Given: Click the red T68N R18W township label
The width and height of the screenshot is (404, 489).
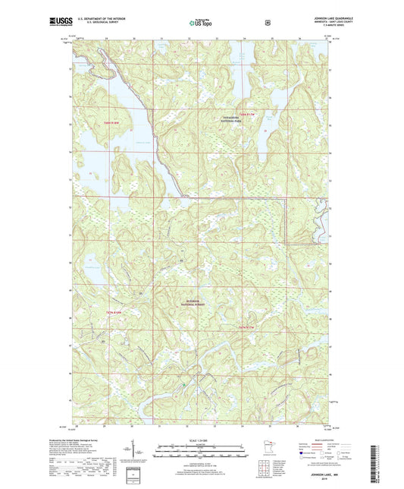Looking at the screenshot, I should [112, 122].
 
